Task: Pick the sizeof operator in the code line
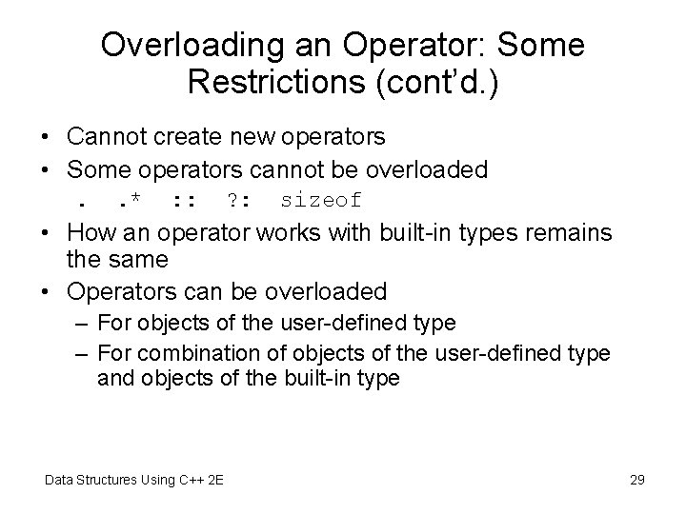[x=321, y=200]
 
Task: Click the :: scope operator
[x=182, y=200]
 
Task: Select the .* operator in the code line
[x=126, y=200]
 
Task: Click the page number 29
[x=637, y=479]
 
